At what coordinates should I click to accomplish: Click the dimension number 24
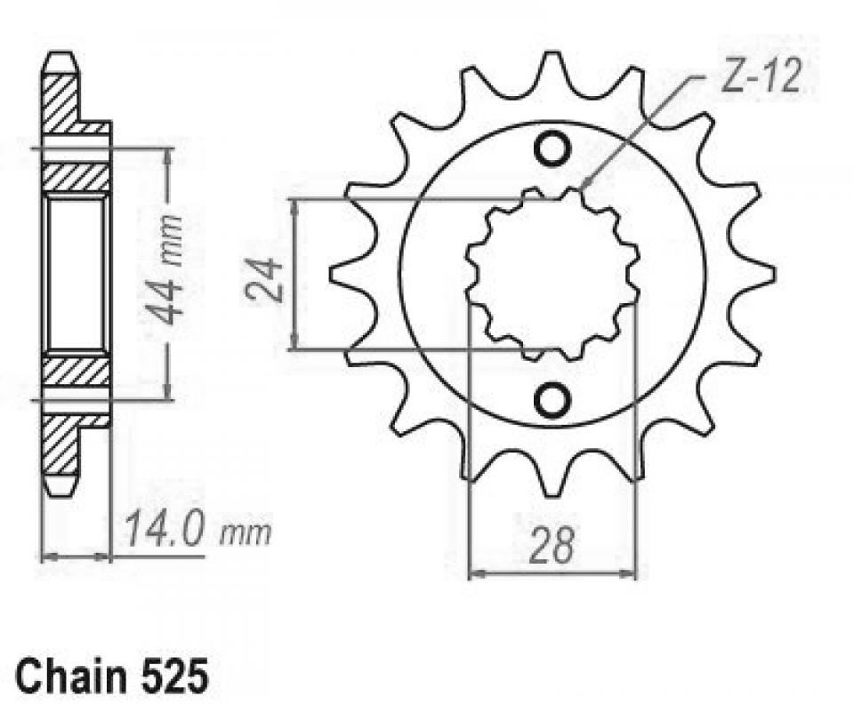pyautogui.click(x=262, y=278)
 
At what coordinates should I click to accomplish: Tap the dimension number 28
pyautogui.click(x=552, y=546)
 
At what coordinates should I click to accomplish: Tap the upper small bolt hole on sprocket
pyautogui.click(x=552, y=148)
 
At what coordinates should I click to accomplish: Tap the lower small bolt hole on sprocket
pyautogui.click(x=552, y=400)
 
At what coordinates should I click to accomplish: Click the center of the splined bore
pyautogui.click(x=552, y=273)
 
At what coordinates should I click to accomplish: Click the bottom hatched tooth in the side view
pyautogui.click(x=60, y=449)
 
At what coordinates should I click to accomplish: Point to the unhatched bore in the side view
pyautogui.click(x=76, y=273)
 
